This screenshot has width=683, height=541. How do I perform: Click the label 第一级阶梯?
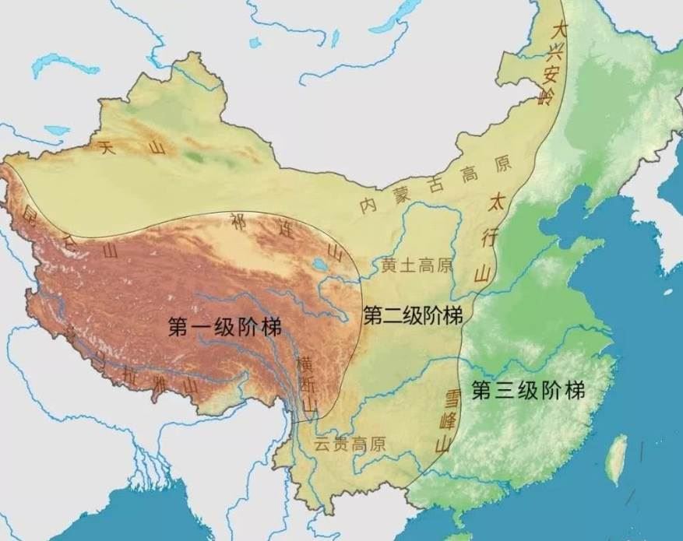(x=225, y=327)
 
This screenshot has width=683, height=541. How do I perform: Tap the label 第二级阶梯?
(x=414, y=316)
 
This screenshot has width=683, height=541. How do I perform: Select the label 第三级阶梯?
(x=529, y=390)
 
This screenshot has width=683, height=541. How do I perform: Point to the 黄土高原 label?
(x=417, y=265)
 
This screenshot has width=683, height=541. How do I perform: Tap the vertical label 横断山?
(x=308, y=383)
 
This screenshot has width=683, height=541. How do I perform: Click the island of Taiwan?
(x=615, y=457)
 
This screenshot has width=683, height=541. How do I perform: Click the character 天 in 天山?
(x=106, y=146)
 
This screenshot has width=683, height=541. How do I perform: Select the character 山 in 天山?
(x=159, y=149)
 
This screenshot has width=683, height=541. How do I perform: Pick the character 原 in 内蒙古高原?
(x=503, y=163)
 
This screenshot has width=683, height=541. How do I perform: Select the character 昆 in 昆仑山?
(x=30, y=211)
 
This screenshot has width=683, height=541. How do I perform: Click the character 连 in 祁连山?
(x=285, y=229)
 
